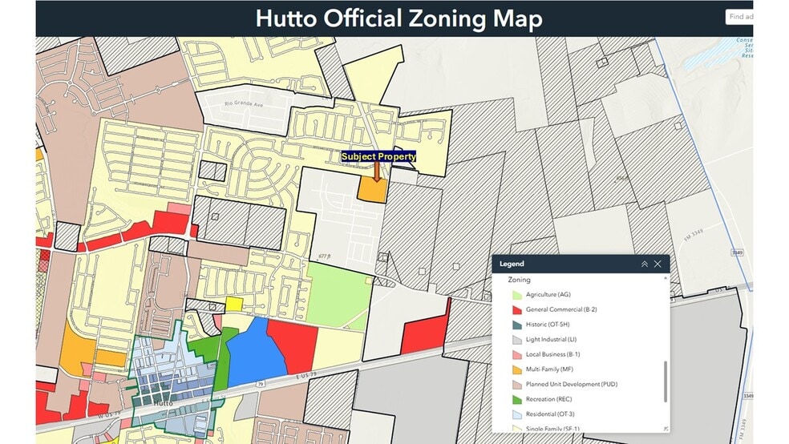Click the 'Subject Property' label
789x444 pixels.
click(x=378, y=157)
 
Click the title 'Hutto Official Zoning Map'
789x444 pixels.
click(x=399, y=19)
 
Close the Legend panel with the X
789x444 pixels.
click(x=657, y=264)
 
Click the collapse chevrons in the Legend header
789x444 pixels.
click(x=644, y=264)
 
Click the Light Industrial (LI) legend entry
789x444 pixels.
click(x=551, y=340)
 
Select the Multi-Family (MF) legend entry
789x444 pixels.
click(x=548, y=369)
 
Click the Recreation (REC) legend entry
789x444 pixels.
click(x=548, y=399)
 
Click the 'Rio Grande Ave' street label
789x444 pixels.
click(x=245, y=103)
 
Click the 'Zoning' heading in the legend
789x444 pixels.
click(x=520, y=281)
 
